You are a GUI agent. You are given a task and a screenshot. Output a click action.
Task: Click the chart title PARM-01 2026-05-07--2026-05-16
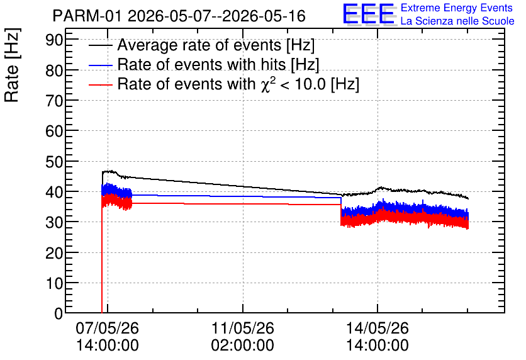tap(179, 16)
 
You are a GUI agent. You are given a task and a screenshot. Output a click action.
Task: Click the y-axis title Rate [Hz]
tap(12, 65)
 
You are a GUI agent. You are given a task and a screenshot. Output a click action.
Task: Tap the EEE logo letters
tap(369, 14)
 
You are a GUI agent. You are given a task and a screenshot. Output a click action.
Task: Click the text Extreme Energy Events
tap(457, 8)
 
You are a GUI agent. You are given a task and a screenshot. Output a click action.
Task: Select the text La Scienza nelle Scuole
tap(457, 21)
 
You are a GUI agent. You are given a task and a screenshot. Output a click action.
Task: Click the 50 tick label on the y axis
tap(54, 162)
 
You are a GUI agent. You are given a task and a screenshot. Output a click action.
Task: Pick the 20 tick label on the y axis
tap(54, 253)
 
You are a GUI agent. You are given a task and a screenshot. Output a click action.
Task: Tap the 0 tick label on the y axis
tap(59, 313)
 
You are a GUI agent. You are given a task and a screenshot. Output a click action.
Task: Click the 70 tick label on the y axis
tap(54, 101)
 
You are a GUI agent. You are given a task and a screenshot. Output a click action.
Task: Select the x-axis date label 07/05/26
tap(108, 328)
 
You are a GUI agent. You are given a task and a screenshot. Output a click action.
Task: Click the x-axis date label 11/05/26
tap(242, 328)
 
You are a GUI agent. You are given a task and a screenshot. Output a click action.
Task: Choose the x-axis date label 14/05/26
tap(378, 328)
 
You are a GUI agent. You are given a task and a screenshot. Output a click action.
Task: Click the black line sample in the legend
tap(101, 45)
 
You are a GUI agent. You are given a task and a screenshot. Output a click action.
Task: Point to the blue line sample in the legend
tap(101, 65)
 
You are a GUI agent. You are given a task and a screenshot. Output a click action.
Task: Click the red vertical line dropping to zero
tap(102, 255)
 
